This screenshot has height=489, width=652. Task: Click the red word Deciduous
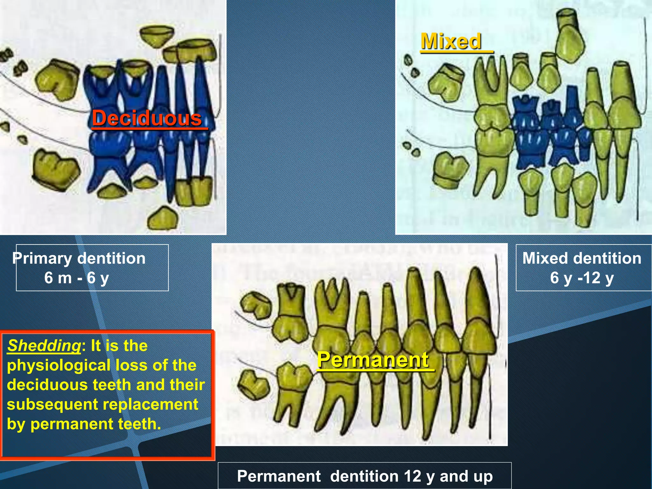click(x=147, y=118)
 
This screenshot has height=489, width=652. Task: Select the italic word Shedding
click(x=44, y=345)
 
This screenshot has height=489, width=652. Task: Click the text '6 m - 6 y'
click(x=76, y=278)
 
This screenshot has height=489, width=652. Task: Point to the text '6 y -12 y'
click(x=582, y=278)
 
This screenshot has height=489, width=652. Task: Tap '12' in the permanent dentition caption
click(x=413, y=476)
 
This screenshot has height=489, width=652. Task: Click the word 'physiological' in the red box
click(x=59, y=365)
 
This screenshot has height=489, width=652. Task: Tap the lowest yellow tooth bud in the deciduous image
click(x=163, y=219)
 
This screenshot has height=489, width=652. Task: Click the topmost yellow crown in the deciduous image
click(x=158, y=37)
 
